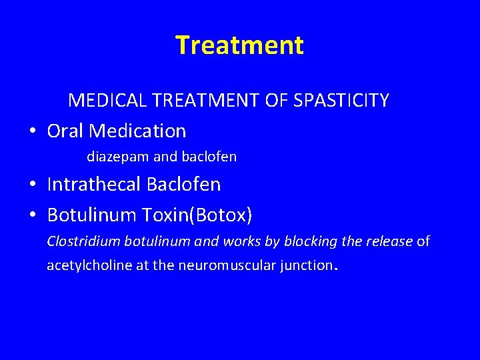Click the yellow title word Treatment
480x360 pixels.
coord(239,45)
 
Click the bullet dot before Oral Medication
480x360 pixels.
coord(32,131)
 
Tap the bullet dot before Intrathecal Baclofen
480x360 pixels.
coord(32,185)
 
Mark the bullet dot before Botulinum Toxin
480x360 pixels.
coord(32,216)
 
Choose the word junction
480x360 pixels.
coord(306,265)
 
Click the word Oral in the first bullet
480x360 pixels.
coord(66,131)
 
